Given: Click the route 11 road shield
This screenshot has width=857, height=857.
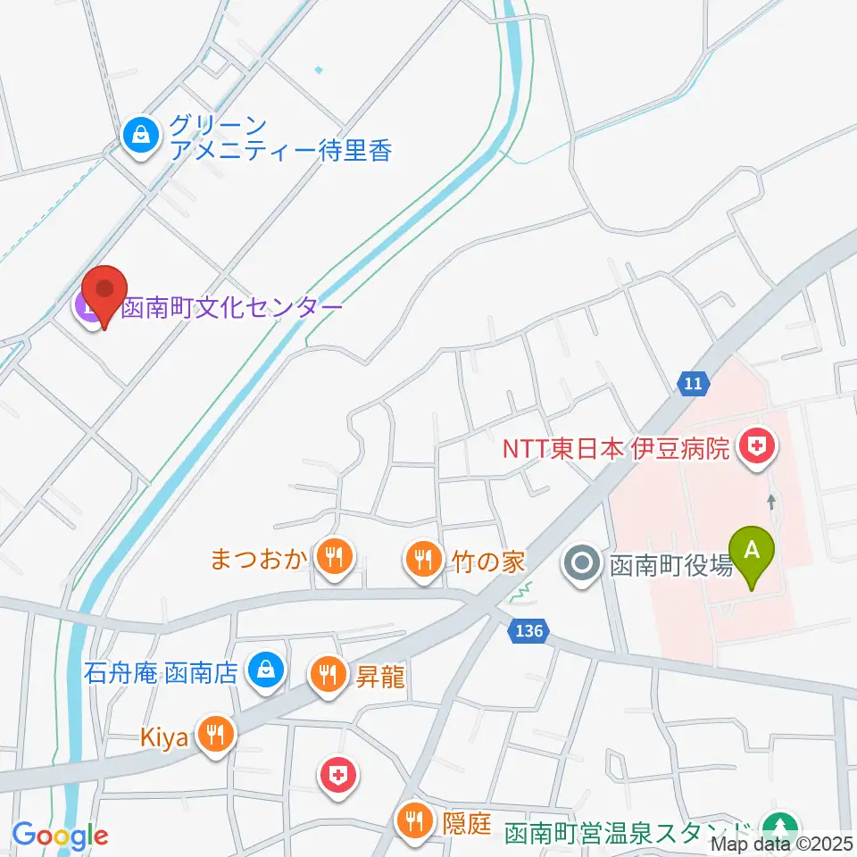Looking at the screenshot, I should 694,383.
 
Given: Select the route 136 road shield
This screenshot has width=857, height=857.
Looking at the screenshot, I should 528,631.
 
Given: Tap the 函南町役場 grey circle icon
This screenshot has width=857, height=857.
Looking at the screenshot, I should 582,564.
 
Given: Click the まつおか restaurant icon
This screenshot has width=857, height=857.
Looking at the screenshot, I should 336,559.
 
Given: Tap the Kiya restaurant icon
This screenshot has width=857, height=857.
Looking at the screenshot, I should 215,735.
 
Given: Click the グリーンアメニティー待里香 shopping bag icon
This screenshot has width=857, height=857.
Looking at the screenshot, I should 142,136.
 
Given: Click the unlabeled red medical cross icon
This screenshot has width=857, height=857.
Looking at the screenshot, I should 337,775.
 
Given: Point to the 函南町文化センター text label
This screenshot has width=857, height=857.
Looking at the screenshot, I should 232,308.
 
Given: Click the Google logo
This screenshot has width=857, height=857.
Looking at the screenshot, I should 60,836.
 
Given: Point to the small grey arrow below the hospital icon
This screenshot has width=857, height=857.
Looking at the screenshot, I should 771,503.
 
